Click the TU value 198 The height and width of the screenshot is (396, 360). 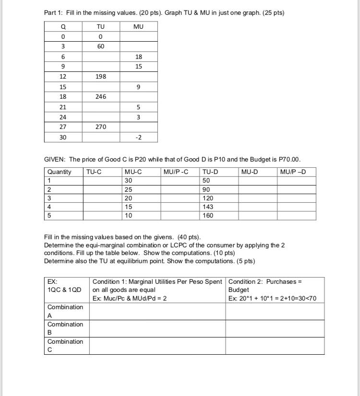click(100, 77)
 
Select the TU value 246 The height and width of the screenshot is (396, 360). click(100, 96)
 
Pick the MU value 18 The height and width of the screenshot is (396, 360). click(138, 57)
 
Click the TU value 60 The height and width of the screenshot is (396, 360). click(100, 47)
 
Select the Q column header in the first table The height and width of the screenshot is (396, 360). click(63, 27)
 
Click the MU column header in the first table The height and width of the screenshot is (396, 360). click(138, 27)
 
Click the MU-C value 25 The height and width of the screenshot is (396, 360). click(128, 189)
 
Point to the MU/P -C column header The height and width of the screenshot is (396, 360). click(176, 172)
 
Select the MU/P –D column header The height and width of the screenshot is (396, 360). click(292, 172)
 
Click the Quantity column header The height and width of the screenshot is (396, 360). click(59, 172)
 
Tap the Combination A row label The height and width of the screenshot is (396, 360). click(65, 311)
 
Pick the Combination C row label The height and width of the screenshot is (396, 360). click(65, 346)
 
